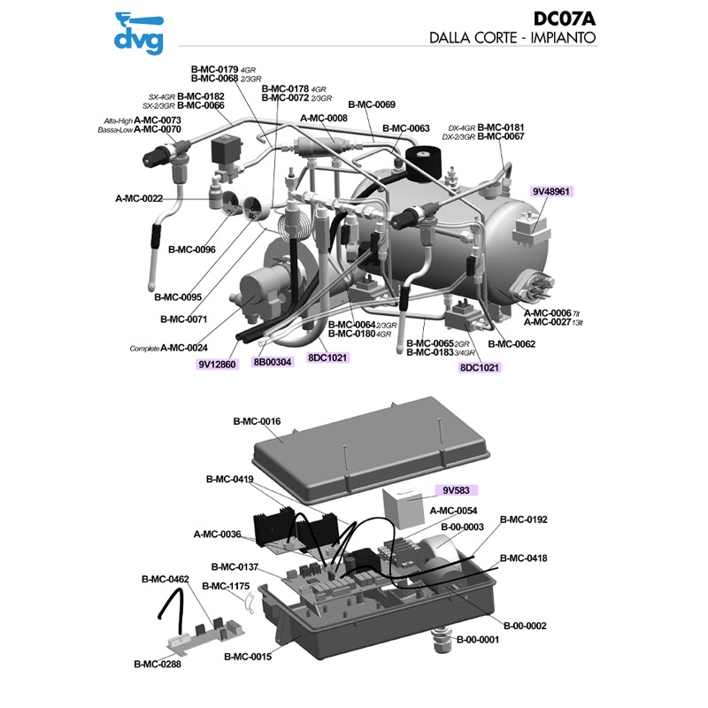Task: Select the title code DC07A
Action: point(566,19)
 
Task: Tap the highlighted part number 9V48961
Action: point(552,190)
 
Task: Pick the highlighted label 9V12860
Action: point(217,363)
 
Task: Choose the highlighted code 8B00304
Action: point(272,361)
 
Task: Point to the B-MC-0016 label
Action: point(257,421)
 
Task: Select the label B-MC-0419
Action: point(230,479)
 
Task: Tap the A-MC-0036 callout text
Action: point(218,534)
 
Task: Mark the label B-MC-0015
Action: point(248,657)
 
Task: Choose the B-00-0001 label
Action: point(479,639)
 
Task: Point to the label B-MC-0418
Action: point(524,558)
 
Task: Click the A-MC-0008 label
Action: point(324,118)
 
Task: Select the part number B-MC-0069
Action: point(372,104)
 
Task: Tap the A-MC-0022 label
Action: point(139,198)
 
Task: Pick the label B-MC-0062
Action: point(512,343)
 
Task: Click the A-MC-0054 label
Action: point(453,511)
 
